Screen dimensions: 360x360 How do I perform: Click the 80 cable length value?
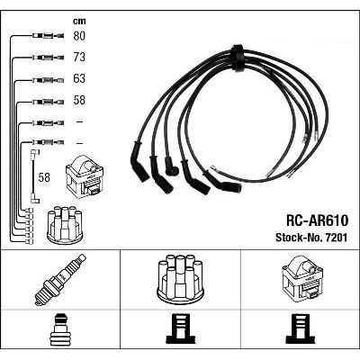point(79,36)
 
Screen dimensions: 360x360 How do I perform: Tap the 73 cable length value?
point(79,57)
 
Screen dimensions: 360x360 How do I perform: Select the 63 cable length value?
point(79,78)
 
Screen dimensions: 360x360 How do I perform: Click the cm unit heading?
point(79,21)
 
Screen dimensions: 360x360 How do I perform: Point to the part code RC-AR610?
point(317,220)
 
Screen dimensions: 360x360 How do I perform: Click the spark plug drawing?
point(60,280)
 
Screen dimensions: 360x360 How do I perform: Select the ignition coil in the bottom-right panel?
point(302,278)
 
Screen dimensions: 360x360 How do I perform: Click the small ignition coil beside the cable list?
point(85,175)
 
